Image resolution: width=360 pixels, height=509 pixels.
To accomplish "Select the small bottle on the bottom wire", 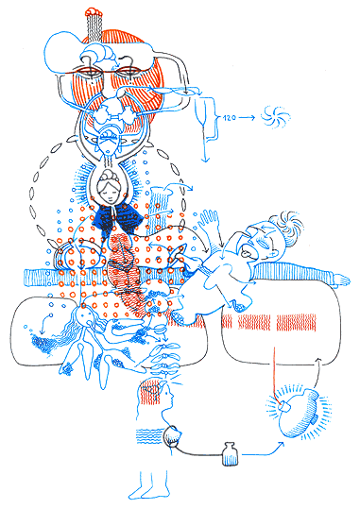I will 227,453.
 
